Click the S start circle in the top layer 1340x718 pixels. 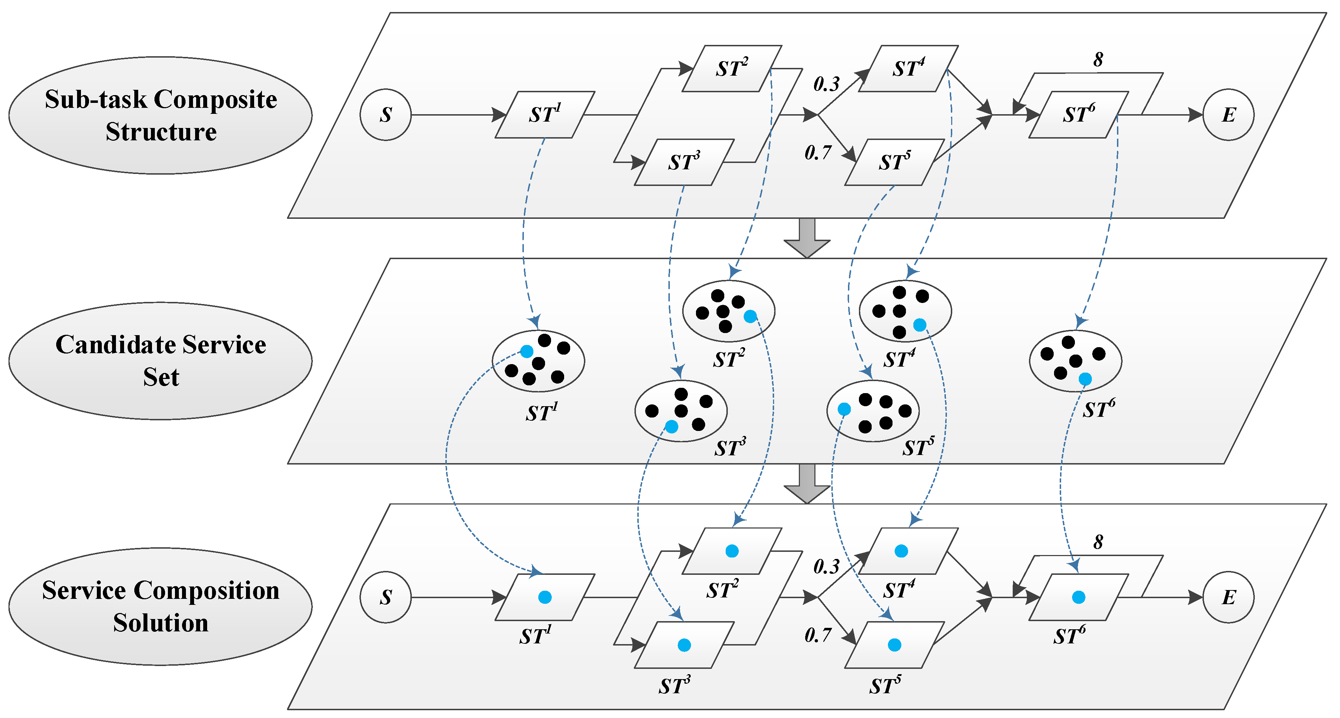coord(386,115)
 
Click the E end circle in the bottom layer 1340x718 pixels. coord(1228,597)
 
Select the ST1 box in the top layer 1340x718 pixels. coord(545,115)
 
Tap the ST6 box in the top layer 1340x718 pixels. coord(1078,115)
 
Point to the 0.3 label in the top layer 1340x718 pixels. coord(826,84)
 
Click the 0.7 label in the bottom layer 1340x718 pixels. coord(818,635)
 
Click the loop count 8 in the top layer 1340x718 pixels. coord(1098,60)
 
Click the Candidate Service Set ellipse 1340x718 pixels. coord(160,361)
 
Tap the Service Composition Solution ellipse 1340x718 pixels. coord(160,606)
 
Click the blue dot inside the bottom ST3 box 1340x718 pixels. coord(684,645)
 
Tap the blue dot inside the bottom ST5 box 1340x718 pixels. coord(894,645)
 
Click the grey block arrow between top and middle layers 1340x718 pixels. coord(807,238)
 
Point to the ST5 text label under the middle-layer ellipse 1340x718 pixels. coord(918,448)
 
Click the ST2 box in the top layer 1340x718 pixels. coord(732,69)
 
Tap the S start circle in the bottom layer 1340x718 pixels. coord(386,597)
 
